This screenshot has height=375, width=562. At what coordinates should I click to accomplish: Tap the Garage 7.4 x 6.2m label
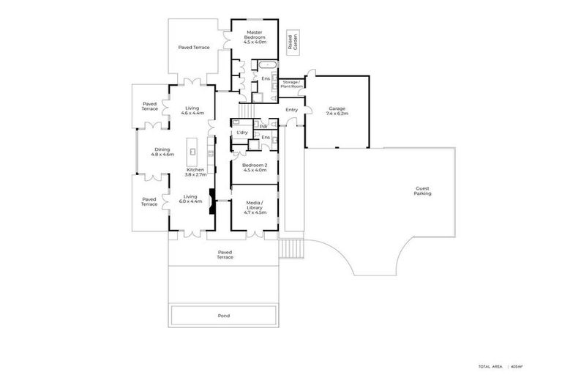[337, 111]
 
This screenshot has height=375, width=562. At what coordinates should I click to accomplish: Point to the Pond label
[224, 316]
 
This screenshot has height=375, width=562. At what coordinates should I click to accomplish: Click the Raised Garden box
[291, 42]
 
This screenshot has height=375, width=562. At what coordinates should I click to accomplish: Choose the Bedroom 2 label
[254, 168]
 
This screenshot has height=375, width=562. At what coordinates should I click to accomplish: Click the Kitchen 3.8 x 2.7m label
[196, 172]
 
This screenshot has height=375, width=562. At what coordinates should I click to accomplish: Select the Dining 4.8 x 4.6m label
[162, 152]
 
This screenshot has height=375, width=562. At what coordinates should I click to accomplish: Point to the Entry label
[292, 110]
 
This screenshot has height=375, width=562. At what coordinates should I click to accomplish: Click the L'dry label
[241, 133]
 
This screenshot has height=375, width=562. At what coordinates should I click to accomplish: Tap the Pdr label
[262, 126]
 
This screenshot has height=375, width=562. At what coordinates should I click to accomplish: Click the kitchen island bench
[193, 152]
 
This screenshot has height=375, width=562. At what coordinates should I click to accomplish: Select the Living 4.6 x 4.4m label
[192, 110]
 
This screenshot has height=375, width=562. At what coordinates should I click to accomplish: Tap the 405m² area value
[517, 366]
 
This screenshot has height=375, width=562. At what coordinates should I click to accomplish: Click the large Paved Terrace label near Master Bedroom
[194, 48]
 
